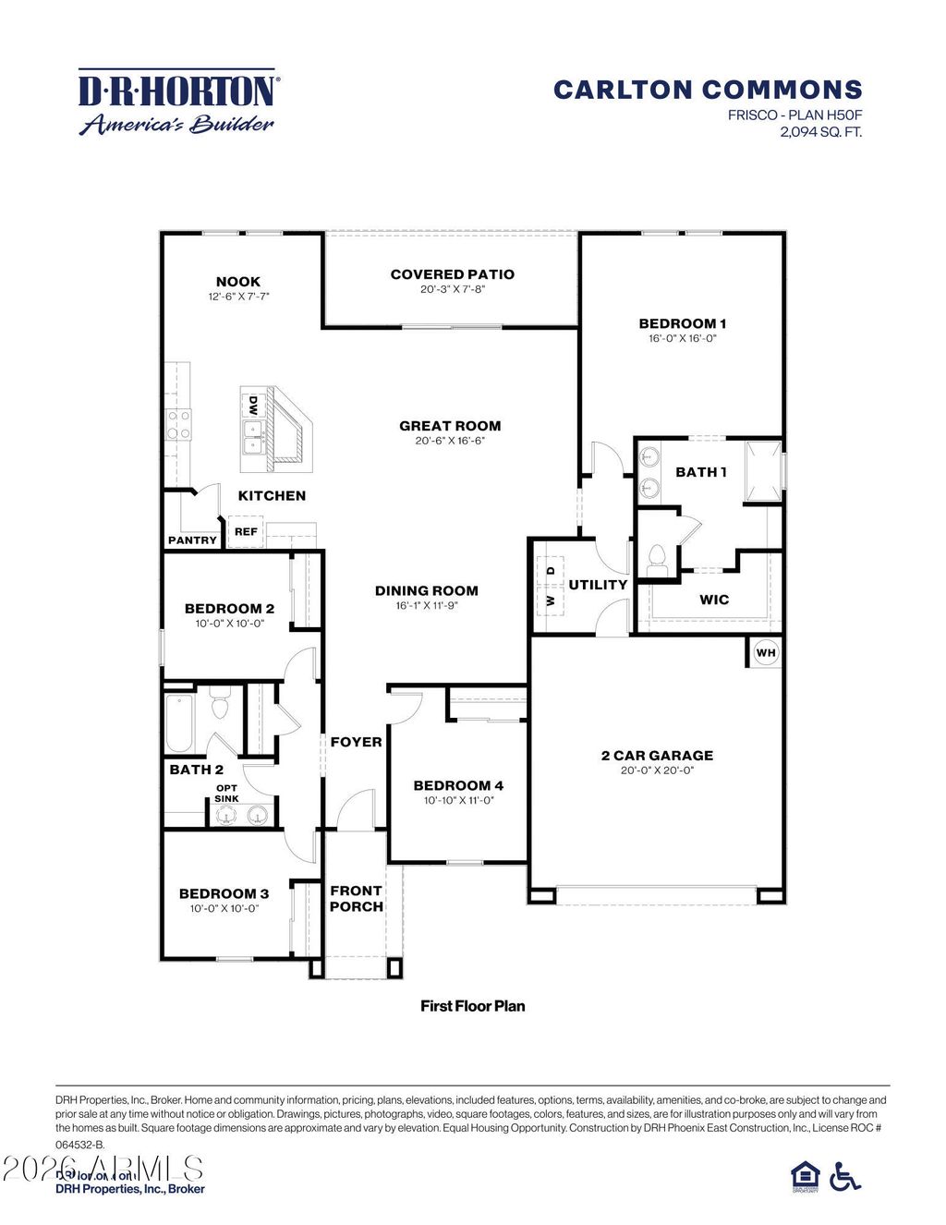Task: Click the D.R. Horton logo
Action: pos(177,102)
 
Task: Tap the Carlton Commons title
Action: pos(708,90)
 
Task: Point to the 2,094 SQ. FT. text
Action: pos(820,132)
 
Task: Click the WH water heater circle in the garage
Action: pos(766,653)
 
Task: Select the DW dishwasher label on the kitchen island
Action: pos(251,405)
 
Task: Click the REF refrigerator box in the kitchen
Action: pos(246,532)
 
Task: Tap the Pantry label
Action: pos(192,540)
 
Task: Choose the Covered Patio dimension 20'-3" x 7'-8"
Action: pos(452,289)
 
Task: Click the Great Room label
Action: pos(450,426)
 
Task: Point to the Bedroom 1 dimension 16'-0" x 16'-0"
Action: pos(682,338)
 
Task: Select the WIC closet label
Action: pos(714,600)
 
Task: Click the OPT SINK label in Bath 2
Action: pos(226,794)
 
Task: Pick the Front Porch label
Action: pos(356,899)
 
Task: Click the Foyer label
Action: pos(356,742)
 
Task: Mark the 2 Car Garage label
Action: pos(657,756)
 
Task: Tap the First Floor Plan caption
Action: pos(472,1006)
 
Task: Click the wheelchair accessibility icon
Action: pos(844,1176)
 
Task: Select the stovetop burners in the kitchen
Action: pos(178,426)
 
